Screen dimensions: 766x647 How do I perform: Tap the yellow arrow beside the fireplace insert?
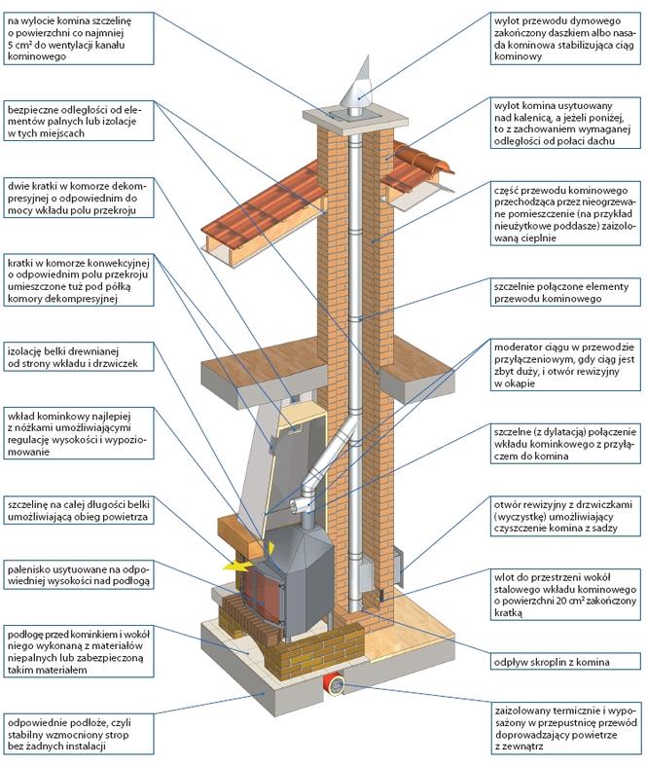[237, 563]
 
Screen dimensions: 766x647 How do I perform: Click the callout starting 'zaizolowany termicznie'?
[563, 723]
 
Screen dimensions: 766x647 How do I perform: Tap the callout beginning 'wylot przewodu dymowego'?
[563, 36]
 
